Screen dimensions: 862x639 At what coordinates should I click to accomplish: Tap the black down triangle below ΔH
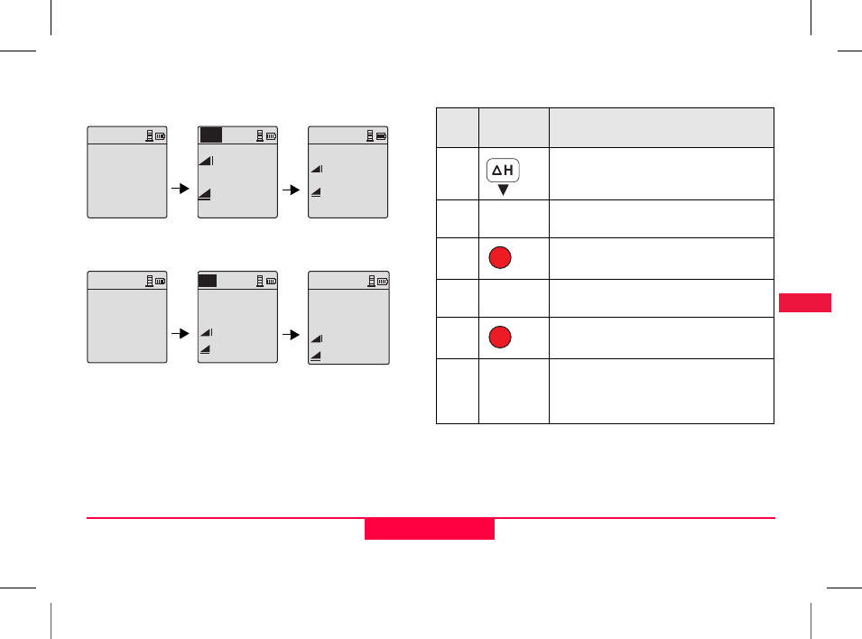click(x=504, y=190)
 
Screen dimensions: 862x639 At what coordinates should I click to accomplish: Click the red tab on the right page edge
click(x=803, y=302)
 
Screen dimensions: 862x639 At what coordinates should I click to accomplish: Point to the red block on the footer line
click(x=429, y=528)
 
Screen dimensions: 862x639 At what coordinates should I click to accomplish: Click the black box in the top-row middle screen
click(x=210, y=135)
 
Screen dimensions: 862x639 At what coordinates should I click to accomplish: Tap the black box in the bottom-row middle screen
click(x=208, y=281)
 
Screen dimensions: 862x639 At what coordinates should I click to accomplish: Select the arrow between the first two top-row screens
click(x=181, y=190)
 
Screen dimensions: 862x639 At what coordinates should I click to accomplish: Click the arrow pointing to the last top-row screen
click(x=292, y=190)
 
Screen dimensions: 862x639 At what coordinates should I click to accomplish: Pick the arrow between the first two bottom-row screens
click(x=181, y=333)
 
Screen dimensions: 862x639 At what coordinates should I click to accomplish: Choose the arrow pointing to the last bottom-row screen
click(x=292, y=333)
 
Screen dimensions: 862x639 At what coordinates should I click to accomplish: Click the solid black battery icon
click(x=381, y=136)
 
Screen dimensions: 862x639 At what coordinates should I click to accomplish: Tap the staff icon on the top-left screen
click(x=148, y=136)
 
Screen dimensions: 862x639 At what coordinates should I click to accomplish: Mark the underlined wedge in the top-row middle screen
click(x=206, y=192)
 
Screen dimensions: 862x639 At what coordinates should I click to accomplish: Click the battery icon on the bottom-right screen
click(x=383, y=282)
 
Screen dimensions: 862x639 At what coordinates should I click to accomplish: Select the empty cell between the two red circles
click(x=513, y=298)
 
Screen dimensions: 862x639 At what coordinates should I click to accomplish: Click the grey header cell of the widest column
click(x=662, y=127)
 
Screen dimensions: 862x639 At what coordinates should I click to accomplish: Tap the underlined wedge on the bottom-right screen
click(x=316, y=356)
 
